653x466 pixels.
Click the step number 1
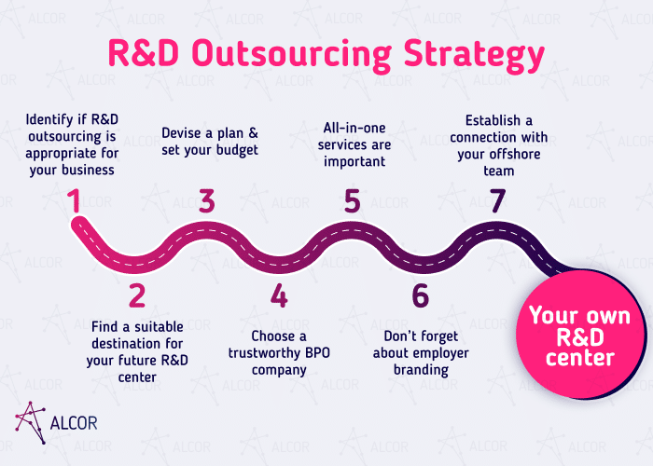pyautogui.click(x=74, y=201)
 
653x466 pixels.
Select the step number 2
pyautogui.click(x=137, y=295)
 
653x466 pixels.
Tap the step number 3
pyautogui.click(x=207, y=201)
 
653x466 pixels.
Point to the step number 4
pyautogui.click(x=279, y=295)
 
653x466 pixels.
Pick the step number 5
pyautogui.click(x=352, y=201)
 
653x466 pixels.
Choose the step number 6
pyautogui.click(x=420, y=295)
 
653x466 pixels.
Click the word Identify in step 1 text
pyautogui.click(x=51, y=120)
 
